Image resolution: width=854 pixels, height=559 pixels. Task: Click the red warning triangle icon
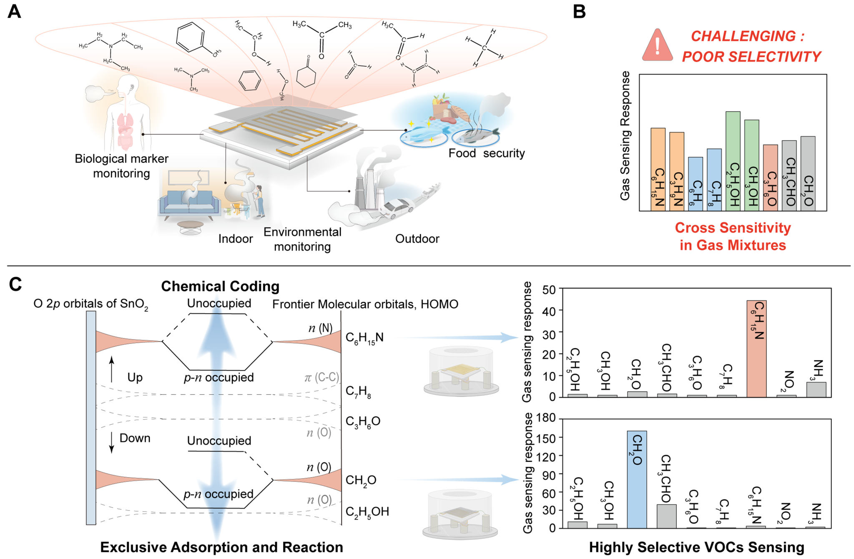657,46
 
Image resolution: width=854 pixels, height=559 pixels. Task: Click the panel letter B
579,12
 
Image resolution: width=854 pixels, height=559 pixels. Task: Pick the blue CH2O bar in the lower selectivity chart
637,479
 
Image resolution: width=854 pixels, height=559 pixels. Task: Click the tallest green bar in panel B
733,160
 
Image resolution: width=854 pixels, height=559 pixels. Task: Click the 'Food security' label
486,153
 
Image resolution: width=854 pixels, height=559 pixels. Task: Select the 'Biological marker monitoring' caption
121,166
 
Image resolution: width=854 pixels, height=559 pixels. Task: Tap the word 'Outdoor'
417,239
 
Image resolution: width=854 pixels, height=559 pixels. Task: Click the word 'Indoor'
236,239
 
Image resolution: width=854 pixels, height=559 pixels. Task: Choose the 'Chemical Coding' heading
220,286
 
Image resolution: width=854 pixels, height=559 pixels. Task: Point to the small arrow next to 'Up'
111,369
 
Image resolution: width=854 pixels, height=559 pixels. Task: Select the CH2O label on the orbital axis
361,481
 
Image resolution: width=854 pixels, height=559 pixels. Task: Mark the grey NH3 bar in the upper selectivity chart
816,389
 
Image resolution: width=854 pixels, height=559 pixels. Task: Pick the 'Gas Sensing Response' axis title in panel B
625,135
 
